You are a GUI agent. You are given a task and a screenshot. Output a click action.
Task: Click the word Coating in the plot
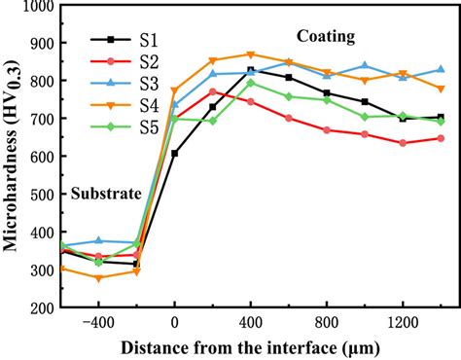[326, 37]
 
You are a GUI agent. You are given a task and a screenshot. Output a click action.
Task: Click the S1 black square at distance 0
[174, 153]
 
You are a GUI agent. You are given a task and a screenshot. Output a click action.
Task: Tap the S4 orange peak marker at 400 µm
[250, 54]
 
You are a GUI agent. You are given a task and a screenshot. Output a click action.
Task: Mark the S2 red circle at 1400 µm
[441, 138]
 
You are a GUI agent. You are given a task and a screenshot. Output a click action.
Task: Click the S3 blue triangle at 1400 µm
[441, 69]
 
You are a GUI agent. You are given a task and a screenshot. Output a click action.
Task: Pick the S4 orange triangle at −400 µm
[98, 278]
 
